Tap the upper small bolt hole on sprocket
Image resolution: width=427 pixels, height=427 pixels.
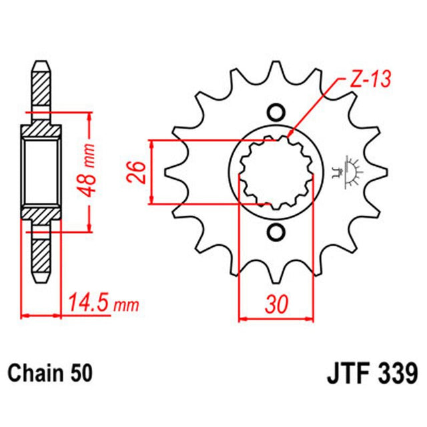tap(275, 111)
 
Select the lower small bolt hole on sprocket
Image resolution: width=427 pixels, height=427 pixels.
tap(275, 232)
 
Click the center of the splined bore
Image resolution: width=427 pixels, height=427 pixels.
tap(275, 172)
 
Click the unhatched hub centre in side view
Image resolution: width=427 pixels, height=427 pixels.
tap(40, 171)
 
